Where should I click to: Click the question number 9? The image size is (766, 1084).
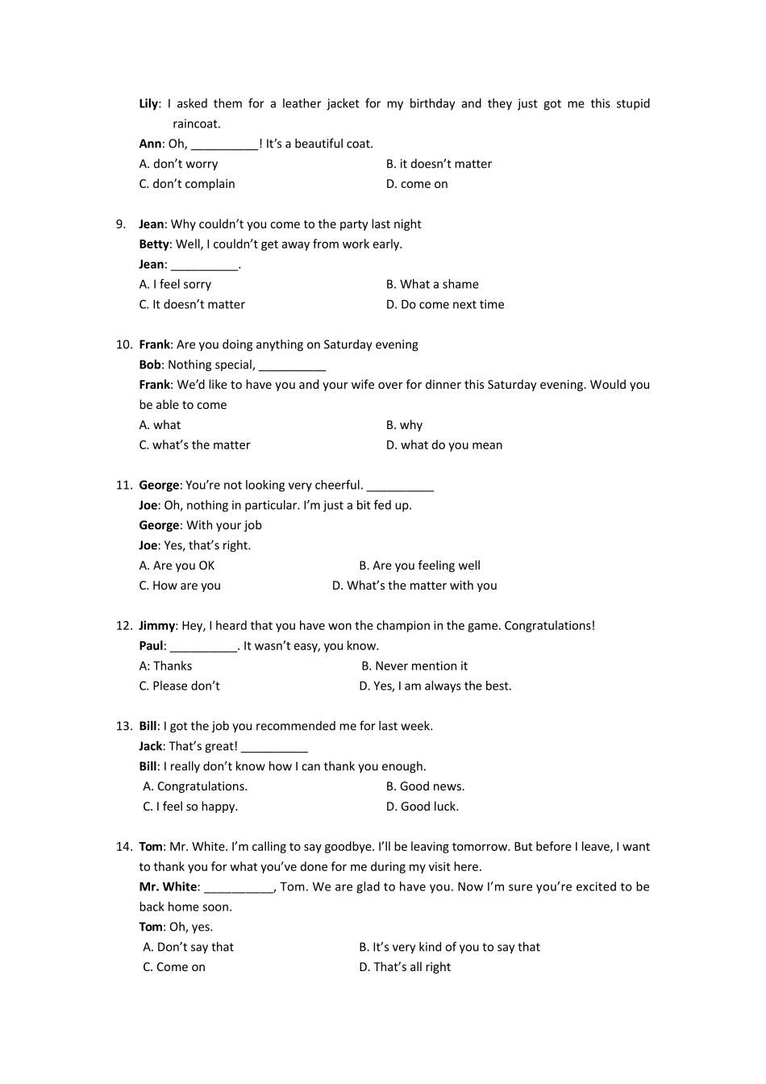pos(120,224)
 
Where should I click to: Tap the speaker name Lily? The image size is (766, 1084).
pos(148,103)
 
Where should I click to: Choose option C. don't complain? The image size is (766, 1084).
pos(186,184)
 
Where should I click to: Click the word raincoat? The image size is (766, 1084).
pos(196,123)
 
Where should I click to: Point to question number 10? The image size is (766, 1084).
pos(123,344)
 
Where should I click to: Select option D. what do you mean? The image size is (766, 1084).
pos(443,445)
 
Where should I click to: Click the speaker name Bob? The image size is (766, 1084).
pos(150,365)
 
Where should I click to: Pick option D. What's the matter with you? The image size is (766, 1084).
pos(414,586)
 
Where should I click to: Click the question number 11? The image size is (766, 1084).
pos(123,485)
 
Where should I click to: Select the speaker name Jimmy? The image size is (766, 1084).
pos(156,626)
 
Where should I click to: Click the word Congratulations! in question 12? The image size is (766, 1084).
pos(549,626)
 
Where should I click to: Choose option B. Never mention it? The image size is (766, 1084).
pos(414,666)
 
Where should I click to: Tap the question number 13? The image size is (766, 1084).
pos(123,726)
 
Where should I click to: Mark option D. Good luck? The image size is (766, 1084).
pos(422,807)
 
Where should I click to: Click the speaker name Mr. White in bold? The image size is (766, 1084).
pos(168,886)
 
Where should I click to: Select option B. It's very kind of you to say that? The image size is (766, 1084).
pos(449,947)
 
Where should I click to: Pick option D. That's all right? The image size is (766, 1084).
pos(405,967)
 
